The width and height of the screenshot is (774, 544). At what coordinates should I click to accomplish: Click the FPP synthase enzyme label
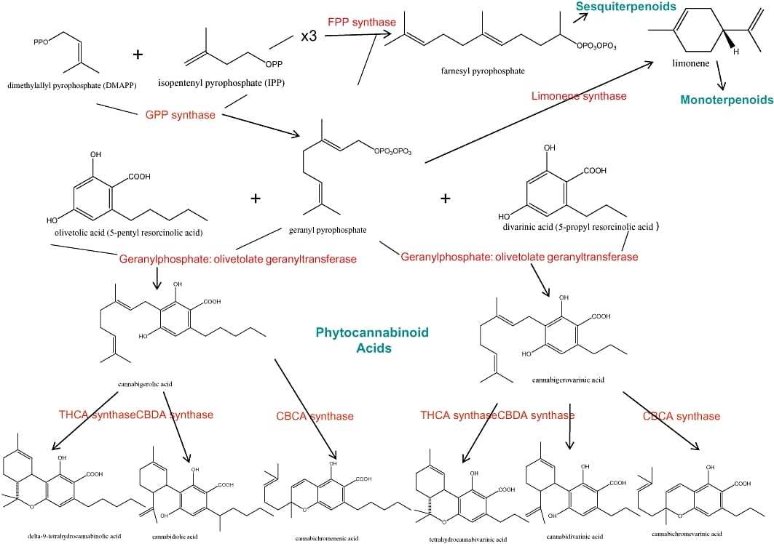pos(362,23)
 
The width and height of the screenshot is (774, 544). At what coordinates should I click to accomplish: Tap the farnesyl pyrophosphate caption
pos(482,71)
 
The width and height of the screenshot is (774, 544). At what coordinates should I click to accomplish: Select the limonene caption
pos(690,64)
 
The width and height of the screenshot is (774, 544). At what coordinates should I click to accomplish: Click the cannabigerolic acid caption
pos(144,383)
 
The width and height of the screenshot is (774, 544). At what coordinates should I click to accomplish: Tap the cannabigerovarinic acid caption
pos(568,380)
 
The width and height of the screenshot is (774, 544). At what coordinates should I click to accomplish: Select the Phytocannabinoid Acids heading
pos(372,340)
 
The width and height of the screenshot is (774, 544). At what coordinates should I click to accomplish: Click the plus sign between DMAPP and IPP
pos(138,55)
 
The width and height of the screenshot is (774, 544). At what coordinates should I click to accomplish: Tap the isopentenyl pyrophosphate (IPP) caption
pos(221,83)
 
